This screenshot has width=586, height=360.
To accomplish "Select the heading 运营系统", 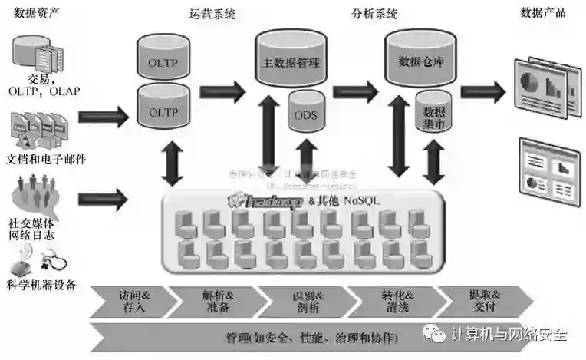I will (211, 13).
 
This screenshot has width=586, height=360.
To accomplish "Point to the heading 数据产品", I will (543, 13).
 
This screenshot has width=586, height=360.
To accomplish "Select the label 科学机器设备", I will (41, 285).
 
